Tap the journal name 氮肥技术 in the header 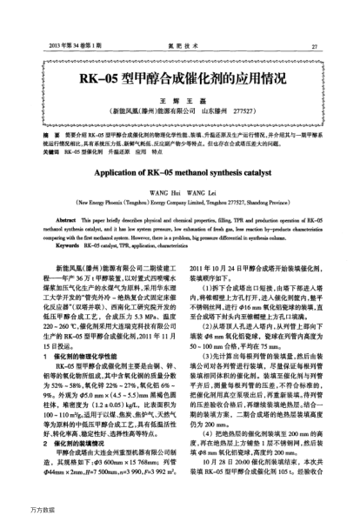[x=179, y=45]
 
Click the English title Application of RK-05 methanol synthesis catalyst [x=179, y=174]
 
